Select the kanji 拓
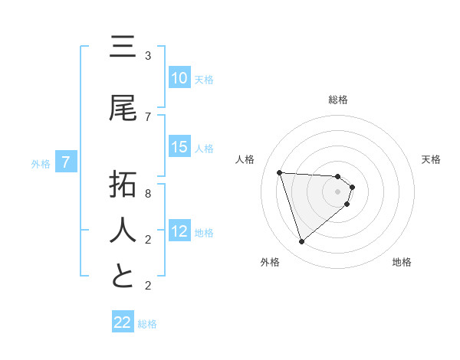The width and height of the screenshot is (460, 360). [123, 186]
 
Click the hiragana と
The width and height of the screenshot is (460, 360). [123, 276]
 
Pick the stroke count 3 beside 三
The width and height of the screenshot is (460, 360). [148, 56]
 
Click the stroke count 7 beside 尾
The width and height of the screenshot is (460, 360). [148, 116]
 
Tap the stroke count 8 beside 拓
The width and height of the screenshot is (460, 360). [148, 194]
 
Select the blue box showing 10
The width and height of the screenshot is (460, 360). [179, 78]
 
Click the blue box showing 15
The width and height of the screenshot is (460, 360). [179, 147]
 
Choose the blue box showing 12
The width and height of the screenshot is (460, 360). [179, 231]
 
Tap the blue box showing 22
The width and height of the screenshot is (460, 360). [123, 323]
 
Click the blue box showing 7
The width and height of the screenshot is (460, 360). [67, 162]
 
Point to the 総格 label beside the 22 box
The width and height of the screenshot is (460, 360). [148, 324]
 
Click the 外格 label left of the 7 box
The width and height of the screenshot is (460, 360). [41, 163]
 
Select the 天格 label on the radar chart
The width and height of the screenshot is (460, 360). [432, 159]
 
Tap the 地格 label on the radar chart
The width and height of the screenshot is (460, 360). [402, 262]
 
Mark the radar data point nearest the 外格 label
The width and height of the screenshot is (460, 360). [301, 242]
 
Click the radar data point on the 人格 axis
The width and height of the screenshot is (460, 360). [280, 172]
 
